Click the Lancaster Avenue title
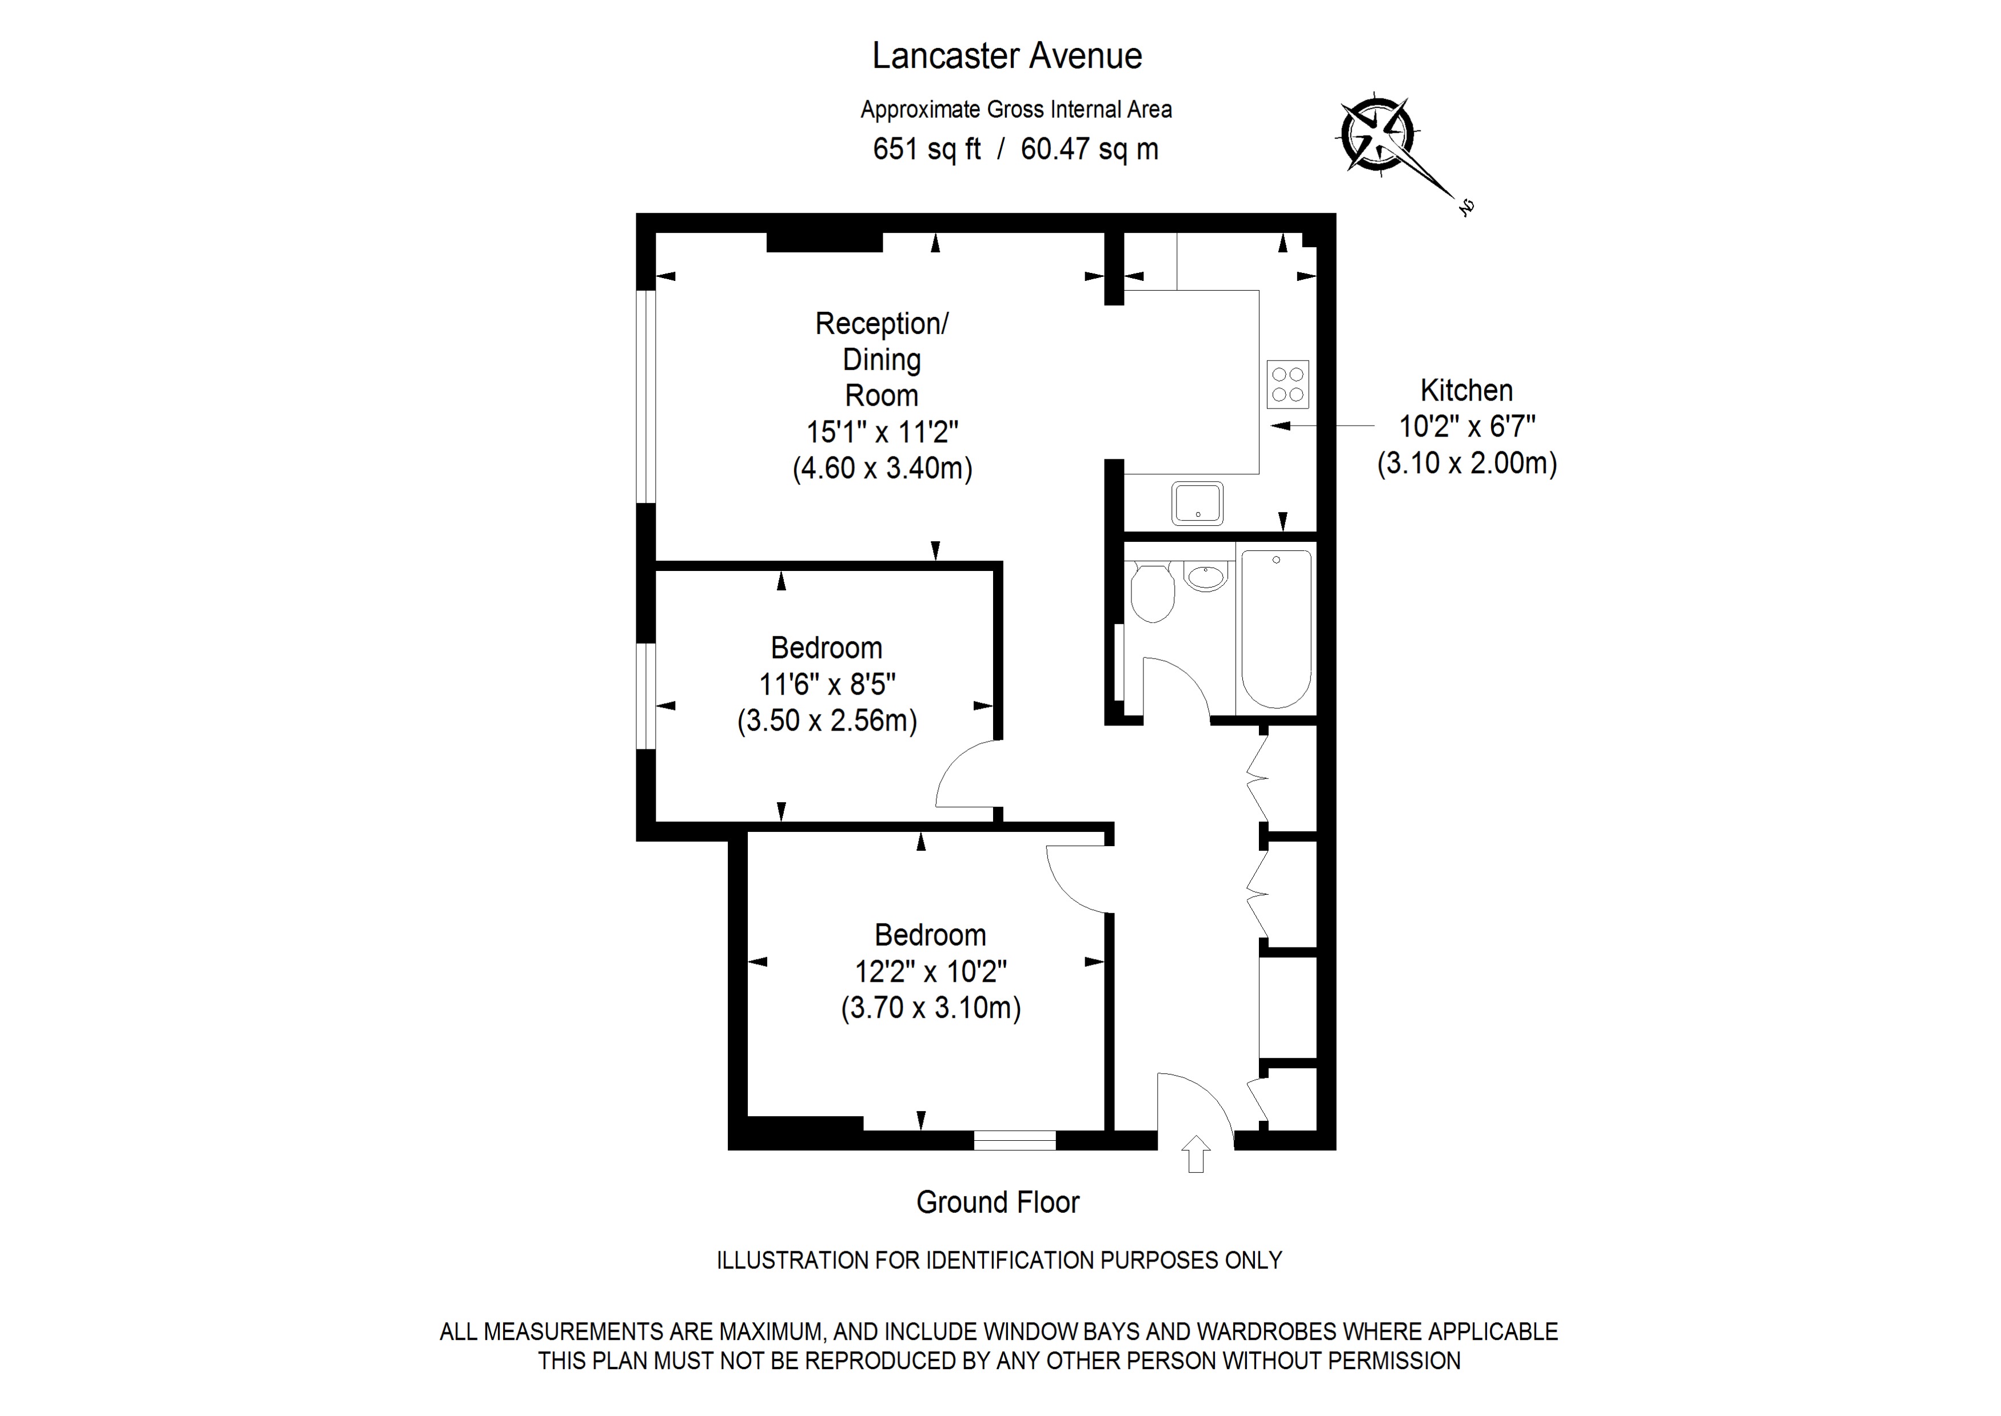(x=1007, y=56)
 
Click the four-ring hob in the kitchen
(x=1288, y=384)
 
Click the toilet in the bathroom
(x=1152, y=591)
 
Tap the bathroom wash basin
(x=1207, y=576)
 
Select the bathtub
(x=1276, y=628)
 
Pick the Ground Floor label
(x=997, y=1203)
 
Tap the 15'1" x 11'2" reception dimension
(x=882, y=431)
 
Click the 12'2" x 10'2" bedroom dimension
(x=930, y=971)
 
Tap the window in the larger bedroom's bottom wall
(x=1014, y=1140)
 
